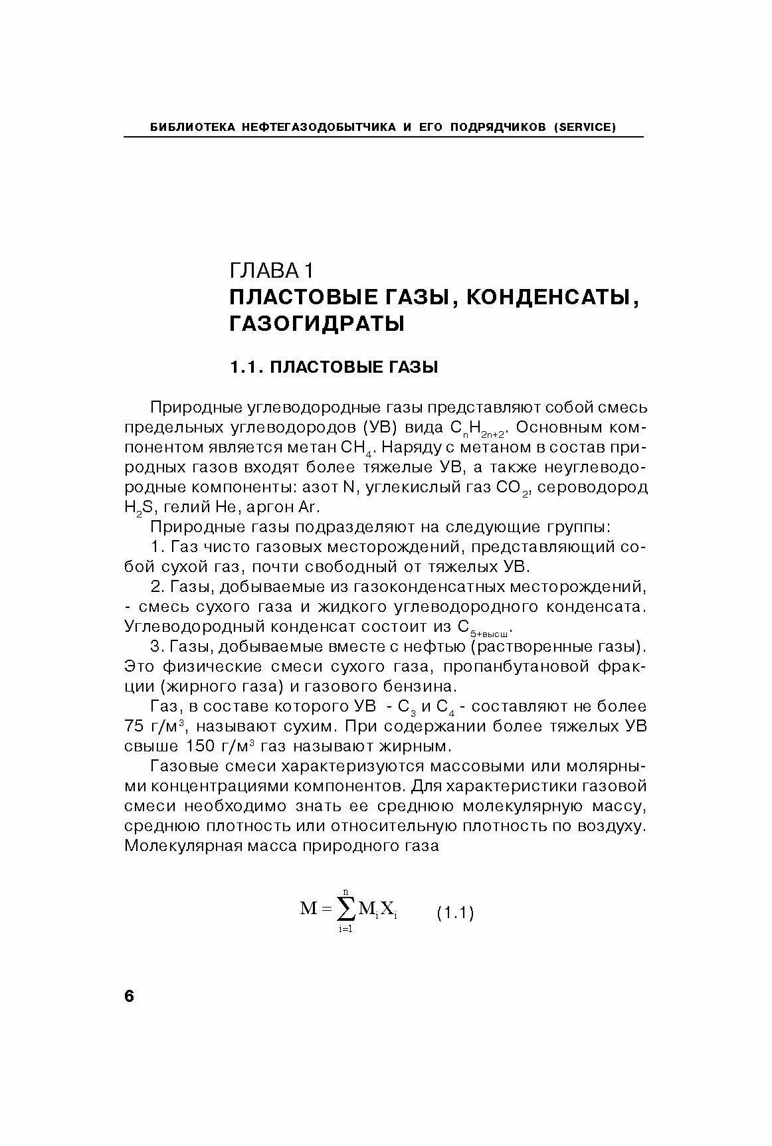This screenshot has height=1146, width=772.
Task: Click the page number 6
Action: pos(129,996)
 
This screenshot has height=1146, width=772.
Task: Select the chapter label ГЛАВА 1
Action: pos(270,270)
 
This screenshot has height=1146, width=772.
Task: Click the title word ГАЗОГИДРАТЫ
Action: pos(316,324)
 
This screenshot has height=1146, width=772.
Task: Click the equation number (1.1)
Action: pos(455,913)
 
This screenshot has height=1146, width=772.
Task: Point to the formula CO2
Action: pos(513,489)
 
